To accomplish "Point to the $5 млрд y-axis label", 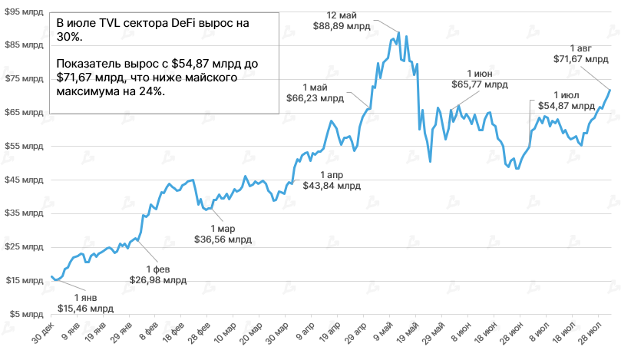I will point(24,314).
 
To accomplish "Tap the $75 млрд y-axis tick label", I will point(21,78).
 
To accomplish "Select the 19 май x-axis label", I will point(406,337).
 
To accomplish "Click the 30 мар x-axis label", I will point(276,337).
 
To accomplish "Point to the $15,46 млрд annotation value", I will point(85,308).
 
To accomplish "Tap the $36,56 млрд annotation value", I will point(223,239).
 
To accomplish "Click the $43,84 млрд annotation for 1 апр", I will point(331,185).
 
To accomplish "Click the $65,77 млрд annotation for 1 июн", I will point(479,84).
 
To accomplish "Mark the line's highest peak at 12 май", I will point(397,34).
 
